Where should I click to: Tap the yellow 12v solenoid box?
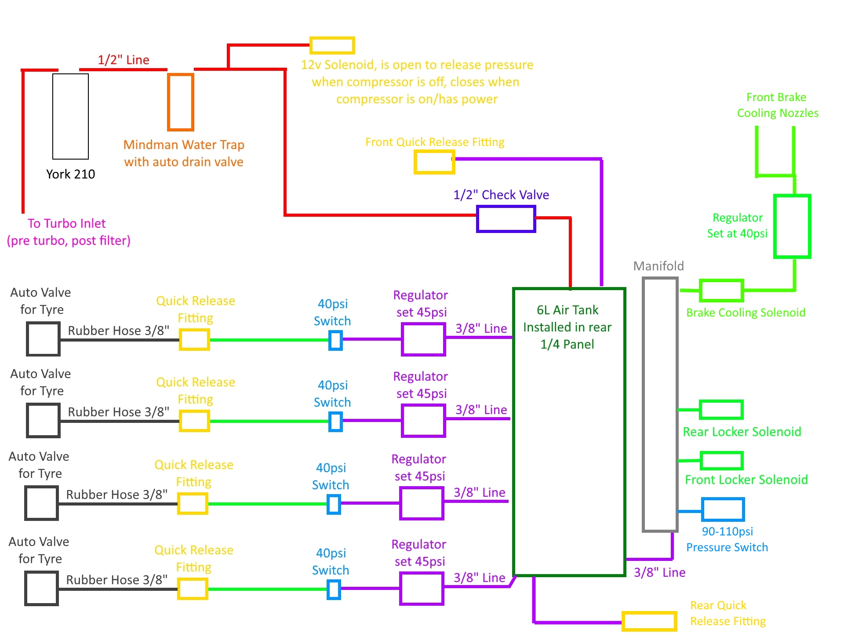pyautogui.click(x=332, y=38)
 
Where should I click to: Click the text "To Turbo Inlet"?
pyautogui.click(x=67, y=223)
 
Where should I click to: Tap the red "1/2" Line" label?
pyautogui.click(x=124, y=60)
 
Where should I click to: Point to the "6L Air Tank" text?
pyautogui.click(x=568, y=310)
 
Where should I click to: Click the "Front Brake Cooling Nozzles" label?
pyautogui.click(x=778, y=105)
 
